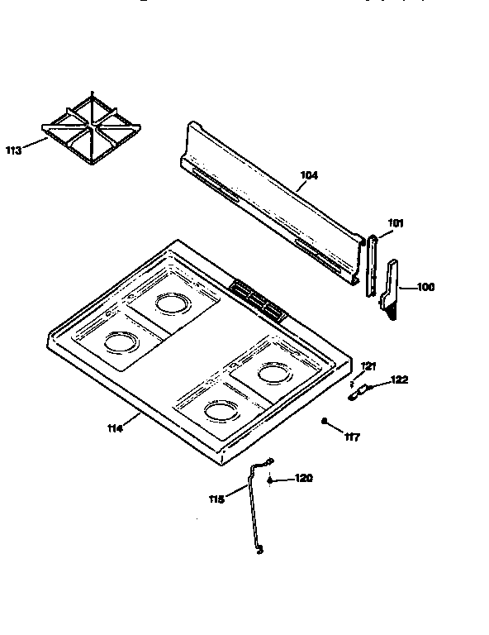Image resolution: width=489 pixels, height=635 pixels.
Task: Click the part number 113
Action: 13,150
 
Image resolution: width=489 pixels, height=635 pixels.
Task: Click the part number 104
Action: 309,175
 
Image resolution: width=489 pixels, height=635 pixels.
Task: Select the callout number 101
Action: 396,222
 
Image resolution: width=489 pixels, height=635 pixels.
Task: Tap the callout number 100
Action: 425,288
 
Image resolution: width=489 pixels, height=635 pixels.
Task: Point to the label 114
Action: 115,427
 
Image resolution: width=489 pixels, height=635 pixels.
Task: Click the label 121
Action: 368,365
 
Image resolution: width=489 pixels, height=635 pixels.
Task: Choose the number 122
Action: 399,380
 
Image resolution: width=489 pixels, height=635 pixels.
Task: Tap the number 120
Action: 303,479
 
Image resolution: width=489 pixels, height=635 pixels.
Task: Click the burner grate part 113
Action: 91,130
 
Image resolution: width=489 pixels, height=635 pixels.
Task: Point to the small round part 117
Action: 326,422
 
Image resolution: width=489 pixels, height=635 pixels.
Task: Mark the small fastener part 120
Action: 270,479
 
